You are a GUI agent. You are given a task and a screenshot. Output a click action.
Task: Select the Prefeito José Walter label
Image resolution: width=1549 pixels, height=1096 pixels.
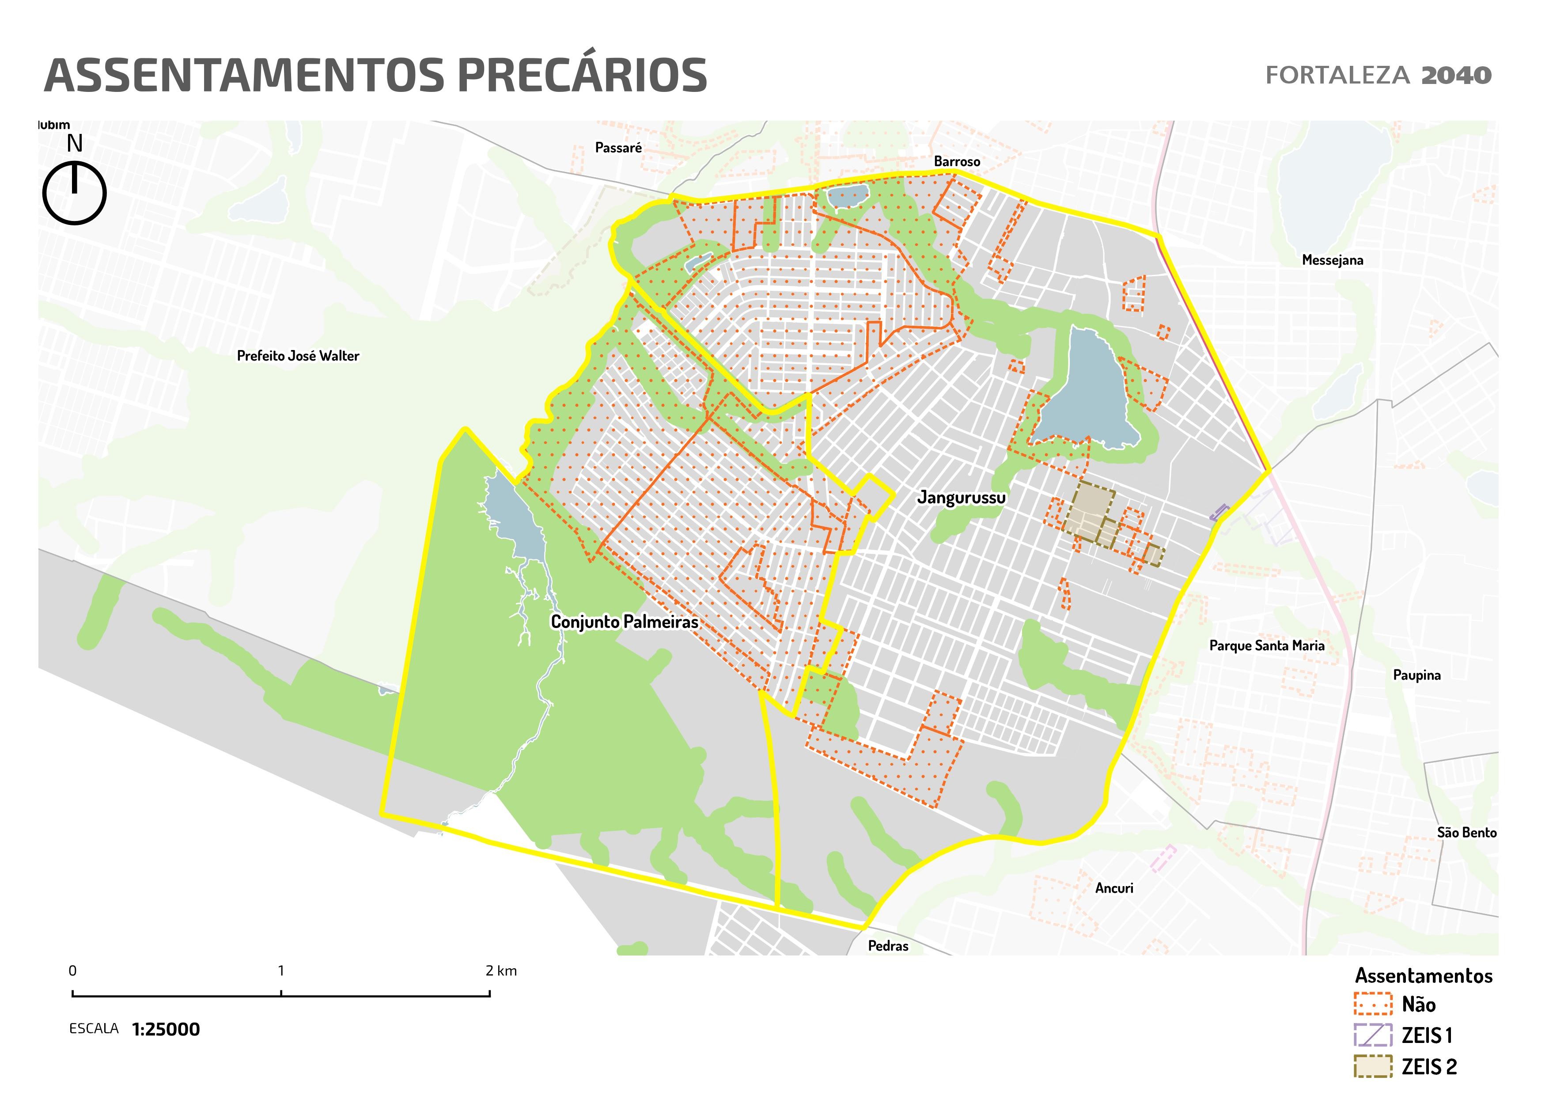click(x=298, y=356)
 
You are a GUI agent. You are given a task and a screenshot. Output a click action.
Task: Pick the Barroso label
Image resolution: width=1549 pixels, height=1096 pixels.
click(x=957, y=161)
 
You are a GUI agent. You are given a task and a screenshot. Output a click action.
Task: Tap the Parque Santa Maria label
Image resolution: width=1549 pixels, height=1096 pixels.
click(x=1266, y=645)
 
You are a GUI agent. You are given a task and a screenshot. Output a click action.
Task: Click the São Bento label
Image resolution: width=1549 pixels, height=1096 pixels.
click(x=1466, y=832)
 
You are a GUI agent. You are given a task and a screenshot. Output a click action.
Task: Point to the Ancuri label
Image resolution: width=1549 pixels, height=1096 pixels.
click(x=1114, y=888)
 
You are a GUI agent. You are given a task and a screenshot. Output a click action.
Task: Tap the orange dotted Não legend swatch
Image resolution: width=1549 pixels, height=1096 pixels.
click(x=1372, y=1004)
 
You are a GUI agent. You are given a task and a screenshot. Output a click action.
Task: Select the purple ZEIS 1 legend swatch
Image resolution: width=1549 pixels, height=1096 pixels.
click(x=1372, y=1035)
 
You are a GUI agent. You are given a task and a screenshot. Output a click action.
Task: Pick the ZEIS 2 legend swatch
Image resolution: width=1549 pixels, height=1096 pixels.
click(x=1372, y=1066)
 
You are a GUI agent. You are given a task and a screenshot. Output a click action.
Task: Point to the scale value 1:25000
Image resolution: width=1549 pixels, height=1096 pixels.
click(x=166, y=1030)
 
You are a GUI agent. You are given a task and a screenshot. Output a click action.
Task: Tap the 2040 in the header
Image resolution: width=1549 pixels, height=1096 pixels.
click(x=1456, y=75)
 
